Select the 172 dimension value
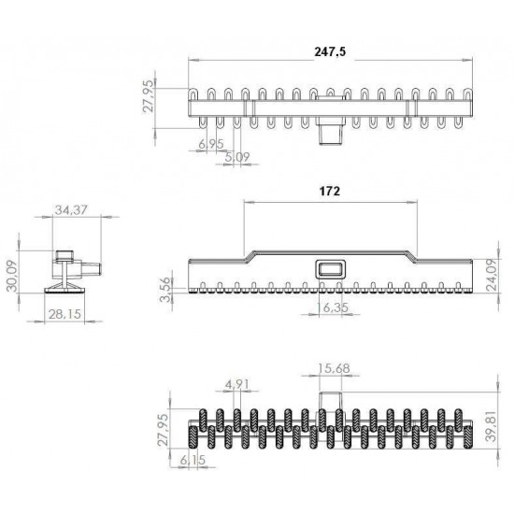[328, 191]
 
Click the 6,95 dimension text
[210, 144]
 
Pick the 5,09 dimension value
[236, 156]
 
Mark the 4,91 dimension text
[235, 382]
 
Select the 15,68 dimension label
[334, 368]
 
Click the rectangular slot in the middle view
[330, 268]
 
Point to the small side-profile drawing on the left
[71, 270]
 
